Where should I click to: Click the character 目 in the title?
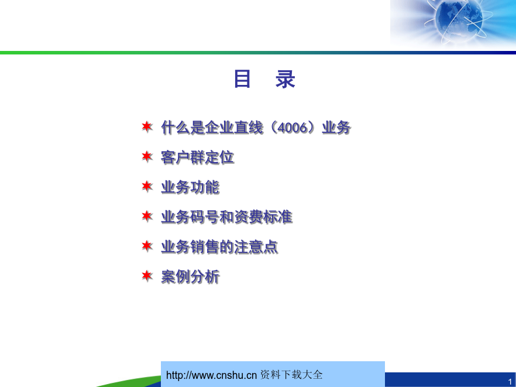242,79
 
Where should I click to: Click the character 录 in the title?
285,79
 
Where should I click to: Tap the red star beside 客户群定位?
147,156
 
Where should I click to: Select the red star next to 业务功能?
147,186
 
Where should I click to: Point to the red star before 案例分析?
147,276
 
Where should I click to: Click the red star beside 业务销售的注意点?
147,246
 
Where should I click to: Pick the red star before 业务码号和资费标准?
147,216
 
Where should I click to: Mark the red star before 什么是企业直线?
147,126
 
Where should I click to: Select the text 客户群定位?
198,157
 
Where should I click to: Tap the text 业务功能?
190,187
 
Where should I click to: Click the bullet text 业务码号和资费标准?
227,217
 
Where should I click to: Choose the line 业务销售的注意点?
219,247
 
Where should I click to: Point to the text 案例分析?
190,277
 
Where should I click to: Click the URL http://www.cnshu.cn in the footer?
211,375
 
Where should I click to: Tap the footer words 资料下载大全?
291,375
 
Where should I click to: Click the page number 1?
510,381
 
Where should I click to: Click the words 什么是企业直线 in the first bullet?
212,128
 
